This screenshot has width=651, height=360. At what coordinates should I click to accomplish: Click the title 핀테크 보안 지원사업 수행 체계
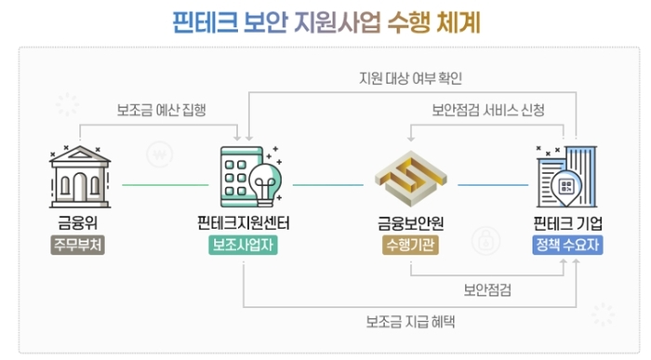coord(326,20)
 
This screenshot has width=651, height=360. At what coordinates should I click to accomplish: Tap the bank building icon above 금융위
coord(78,177)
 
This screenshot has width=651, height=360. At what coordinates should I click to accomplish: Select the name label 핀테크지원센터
coord(244,223)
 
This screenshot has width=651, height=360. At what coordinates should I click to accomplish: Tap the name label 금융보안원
coord(409,223)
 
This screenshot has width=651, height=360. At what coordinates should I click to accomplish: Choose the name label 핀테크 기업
coord(568,223)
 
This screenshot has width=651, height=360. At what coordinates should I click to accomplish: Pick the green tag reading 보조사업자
coord(244,246)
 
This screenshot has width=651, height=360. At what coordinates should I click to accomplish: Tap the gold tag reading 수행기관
coord(409,246)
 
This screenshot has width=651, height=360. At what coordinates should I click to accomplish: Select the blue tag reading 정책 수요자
coord(568,246)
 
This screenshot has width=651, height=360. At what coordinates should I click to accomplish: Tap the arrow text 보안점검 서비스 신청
coord(488,110)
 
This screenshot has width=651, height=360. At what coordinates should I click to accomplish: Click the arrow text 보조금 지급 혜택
coord(410,323)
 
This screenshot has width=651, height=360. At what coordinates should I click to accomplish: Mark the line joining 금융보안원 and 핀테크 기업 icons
coord(494,183)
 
